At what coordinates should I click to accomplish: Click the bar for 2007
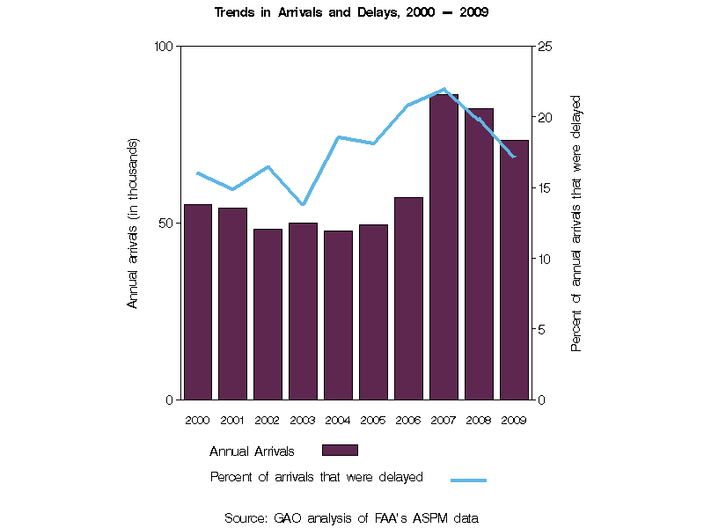(x=444, y=246)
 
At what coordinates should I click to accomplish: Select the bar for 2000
(x=197, y=302)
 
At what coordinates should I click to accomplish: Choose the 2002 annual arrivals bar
(x=268, y=314)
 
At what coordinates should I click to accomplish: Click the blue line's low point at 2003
(x=303, y=204)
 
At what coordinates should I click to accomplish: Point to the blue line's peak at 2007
(x=444, y=89)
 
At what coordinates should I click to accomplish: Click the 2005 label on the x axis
(x=373, y=421)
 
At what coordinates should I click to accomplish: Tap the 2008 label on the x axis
(x=479, y=421)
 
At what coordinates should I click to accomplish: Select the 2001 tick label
(x=232, y=421)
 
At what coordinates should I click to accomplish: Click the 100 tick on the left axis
(x=162, y=46)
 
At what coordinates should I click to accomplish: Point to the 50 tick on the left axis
(x=165, y=223)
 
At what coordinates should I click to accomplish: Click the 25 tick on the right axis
(x=545, y=46)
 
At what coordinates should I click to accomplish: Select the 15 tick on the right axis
(x=545, y=187)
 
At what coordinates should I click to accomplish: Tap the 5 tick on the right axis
(x=542, y=329)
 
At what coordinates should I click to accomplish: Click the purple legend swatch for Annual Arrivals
(x=340, y=451)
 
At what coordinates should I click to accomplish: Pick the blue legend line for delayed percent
(x=468, y=480)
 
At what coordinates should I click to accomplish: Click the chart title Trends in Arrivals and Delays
(x=351, y=13)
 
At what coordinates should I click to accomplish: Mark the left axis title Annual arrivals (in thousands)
(x=134, y=223)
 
